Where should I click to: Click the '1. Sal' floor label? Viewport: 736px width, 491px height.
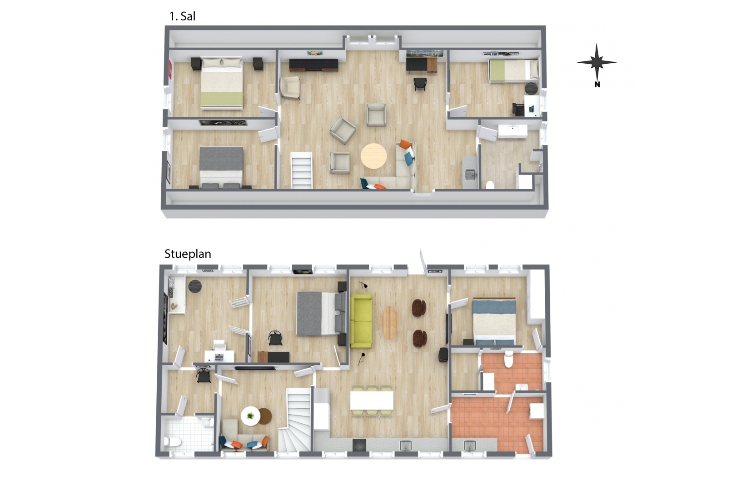coord(182,16)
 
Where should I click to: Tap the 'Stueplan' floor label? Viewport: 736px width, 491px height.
coord(188,254)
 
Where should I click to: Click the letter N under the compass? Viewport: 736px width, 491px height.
coord(597,85)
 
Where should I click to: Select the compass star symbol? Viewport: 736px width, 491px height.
coord(597,62)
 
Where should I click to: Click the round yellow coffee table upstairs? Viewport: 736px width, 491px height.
coord(373,156)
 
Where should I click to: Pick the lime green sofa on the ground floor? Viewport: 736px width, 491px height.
coord(361,321)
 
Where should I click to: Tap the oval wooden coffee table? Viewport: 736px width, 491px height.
coord(390,322)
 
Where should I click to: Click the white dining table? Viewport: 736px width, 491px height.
coord(372,400)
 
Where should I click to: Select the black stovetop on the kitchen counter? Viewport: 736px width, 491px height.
coord(359,445)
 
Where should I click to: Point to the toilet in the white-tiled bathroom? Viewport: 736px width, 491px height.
coord(172,441)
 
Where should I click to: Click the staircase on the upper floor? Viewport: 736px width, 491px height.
coord(301,170)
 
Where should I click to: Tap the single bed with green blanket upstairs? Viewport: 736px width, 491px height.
coord(513,70)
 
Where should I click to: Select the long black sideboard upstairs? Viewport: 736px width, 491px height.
coord(313,65)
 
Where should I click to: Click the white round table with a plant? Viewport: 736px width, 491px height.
coord(251,416)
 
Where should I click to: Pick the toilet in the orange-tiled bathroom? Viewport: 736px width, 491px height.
coord(509,360)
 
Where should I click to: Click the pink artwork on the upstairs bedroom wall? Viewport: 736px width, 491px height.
coord(170,70)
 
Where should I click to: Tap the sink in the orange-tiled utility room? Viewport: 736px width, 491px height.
coord(470,446)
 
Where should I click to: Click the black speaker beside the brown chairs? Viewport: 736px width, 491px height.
coord(443,355)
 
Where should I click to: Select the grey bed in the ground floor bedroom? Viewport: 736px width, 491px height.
coord(321,314)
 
